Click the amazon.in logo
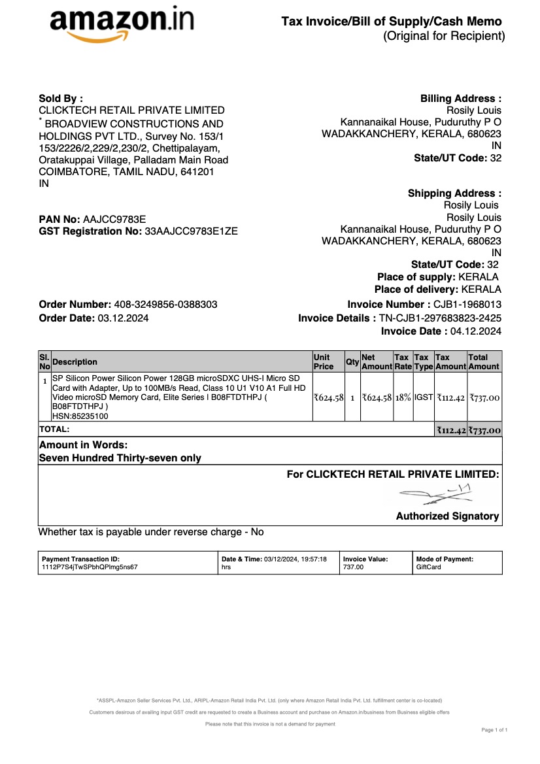pos(122,24)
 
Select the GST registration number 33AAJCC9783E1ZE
pos(191,231)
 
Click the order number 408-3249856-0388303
pos(166,305)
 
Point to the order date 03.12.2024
pos(123,318)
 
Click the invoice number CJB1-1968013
pos(467,305)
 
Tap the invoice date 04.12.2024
pos(476,331)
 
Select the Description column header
pos(75,362)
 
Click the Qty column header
pos(352,362)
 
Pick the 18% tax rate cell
pos(403,397)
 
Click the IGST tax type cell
pos(423,397)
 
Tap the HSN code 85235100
pos(80,416)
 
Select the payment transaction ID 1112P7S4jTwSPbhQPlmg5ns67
pos(90,567)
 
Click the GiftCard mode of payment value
pos(429,567)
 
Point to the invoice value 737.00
pos(353,567)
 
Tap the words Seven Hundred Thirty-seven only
pos(120,458)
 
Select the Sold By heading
pos(61,98)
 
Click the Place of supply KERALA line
pos(438,277)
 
